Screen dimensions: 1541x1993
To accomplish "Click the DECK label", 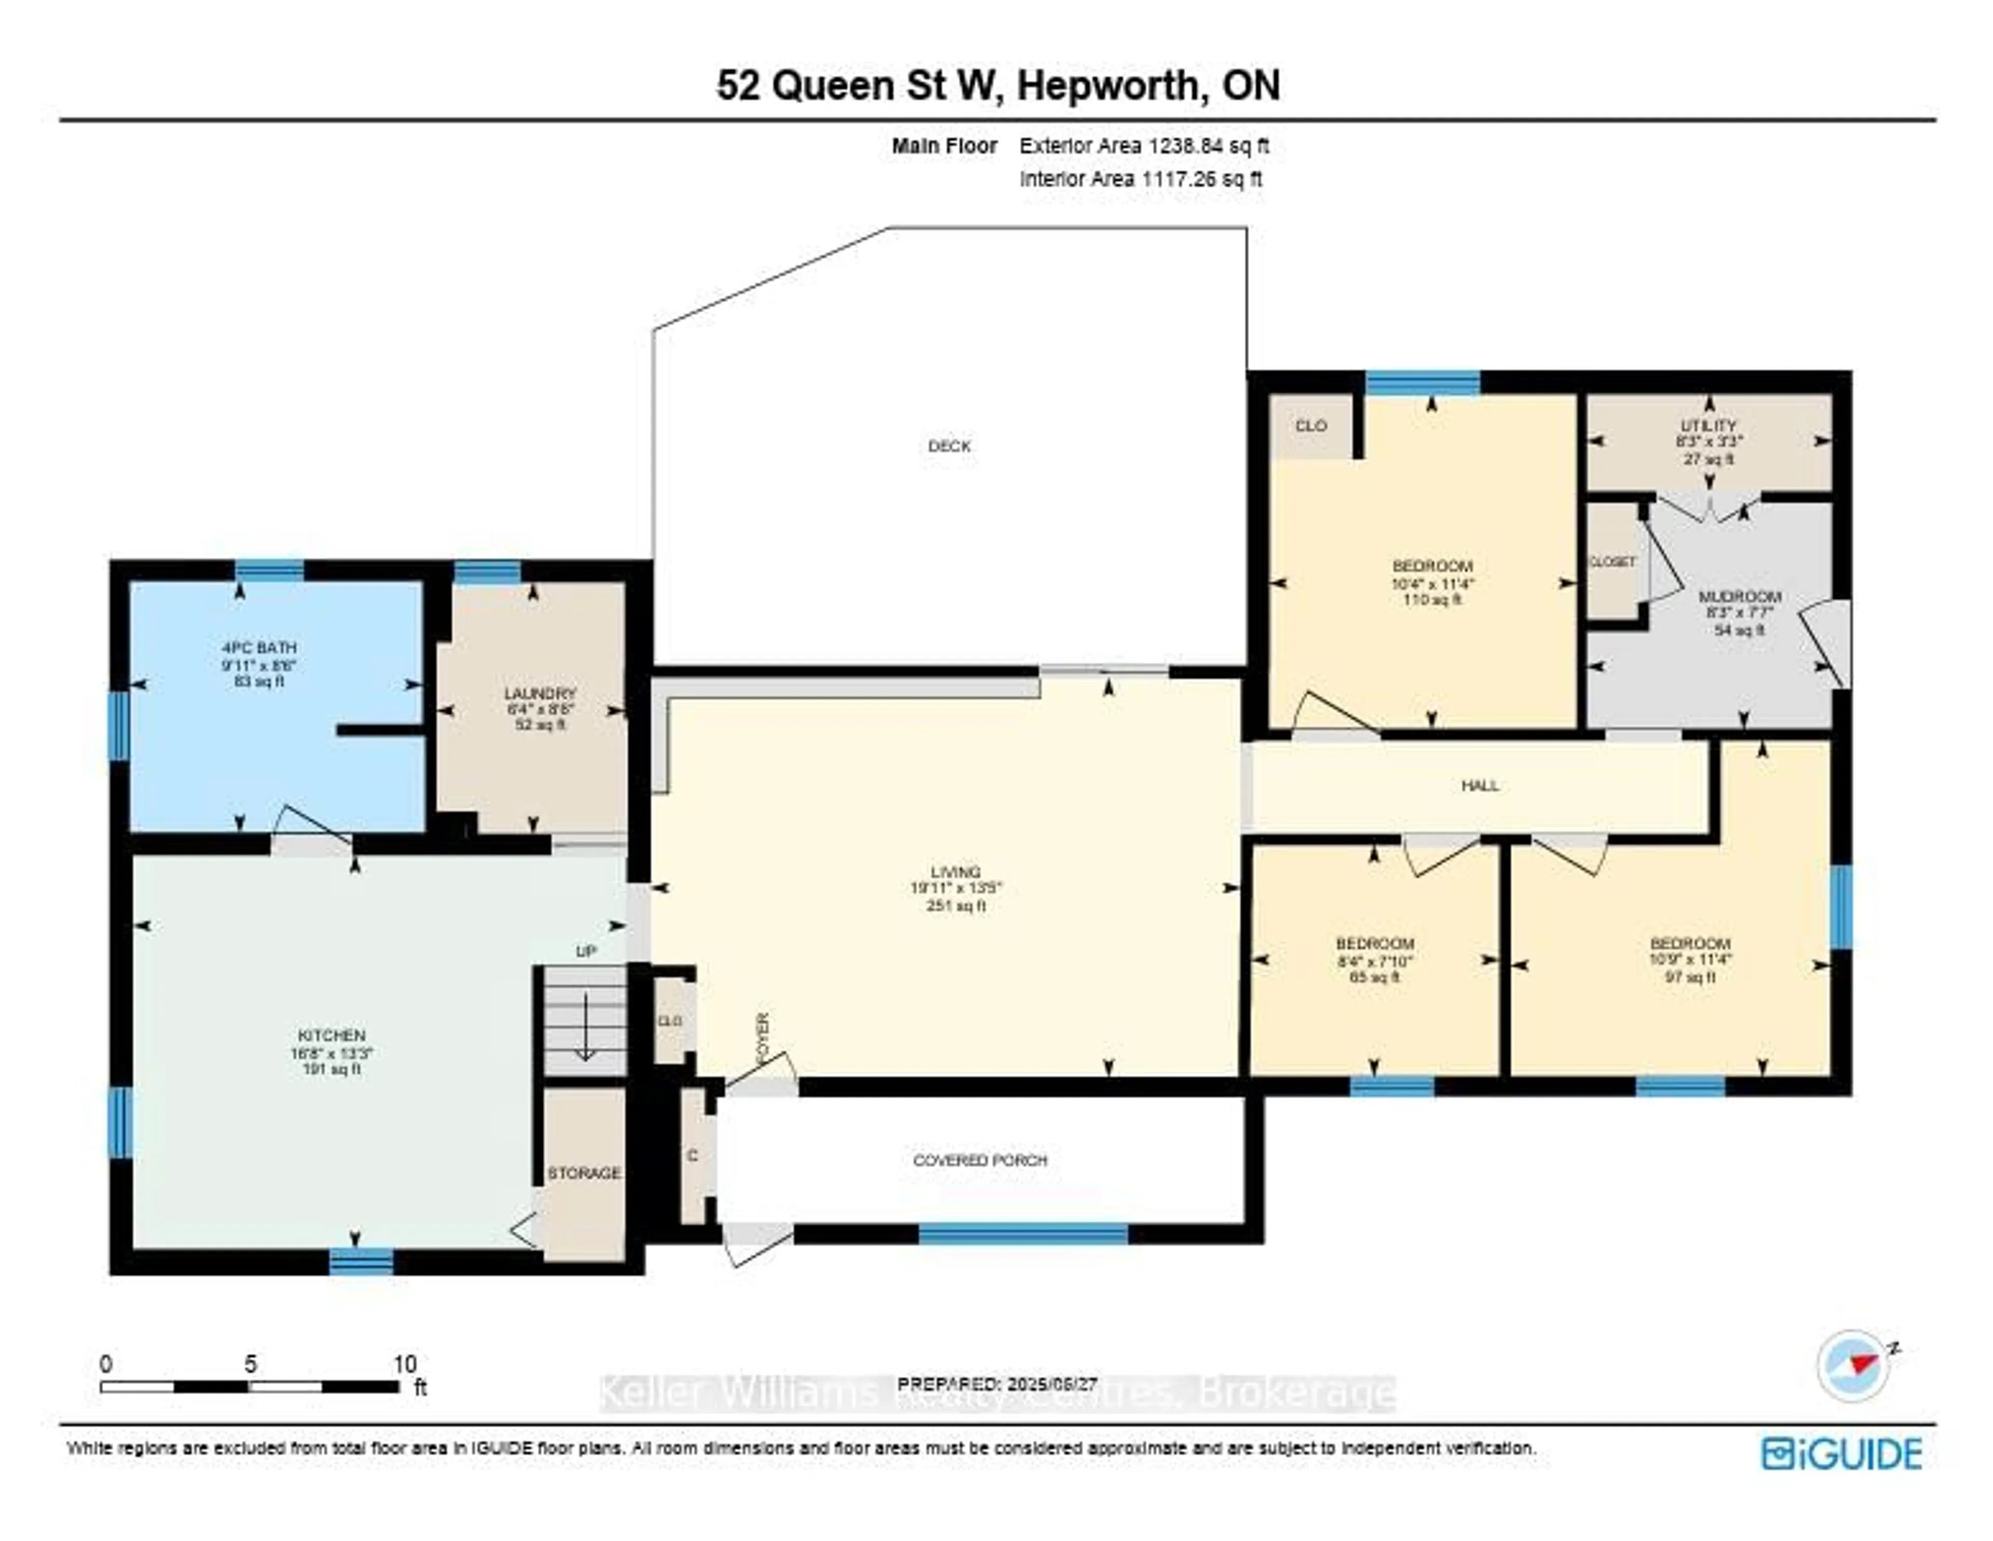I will tap(949, 446).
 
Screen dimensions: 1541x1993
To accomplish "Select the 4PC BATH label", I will tap(259, 648).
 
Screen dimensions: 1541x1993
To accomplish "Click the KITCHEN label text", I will tap(331, 1036).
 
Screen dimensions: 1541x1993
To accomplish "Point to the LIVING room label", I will tap(955, 871).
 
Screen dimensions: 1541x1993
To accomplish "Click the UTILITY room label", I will tap(1708, 425).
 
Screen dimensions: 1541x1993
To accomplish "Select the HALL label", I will tap(1479, 786).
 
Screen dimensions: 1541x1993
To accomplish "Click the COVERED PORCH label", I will tap(980, 1161).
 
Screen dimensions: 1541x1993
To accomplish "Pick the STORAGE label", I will tap(584, 1173).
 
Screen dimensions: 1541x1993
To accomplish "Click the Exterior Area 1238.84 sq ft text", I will tap(1143, 146).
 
